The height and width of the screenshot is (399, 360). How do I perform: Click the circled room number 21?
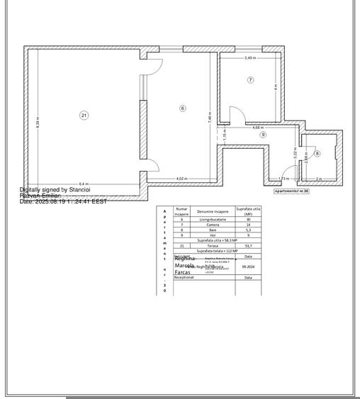pyautogui.click(x=84, y=115)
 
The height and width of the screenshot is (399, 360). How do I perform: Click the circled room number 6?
pyautogui.click(x=182, y=108)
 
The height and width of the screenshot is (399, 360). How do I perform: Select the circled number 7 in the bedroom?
pyautogui.click(x=250, y=80)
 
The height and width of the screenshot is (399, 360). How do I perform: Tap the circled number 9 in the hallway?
pyautogui.click(x=262, y=134)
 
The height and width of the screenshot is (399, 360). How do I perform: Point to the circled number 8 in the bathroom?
pyautogui.click(x=317, y=153)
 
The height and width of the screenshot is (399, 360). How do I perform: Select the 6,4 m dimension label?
pyautogui.click(x=84, y=183)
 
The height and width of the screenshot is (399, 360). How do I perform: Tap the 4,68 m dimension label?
pyautogui.click(x=257, y=128)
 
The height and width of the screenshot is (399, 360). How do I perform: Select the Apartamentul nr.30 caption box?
pyautogui.click(x=292, y=191)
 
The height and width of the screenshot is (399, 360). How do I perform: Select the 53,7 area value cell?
pyautogui.click(x=248, y=245)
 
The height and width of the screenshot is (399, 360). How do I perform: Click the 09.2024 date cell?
pyautogui.click(x=248, y=266)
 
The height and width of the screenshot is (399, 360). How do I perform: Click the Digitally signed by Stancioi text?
pyautogui.click(x=55, y=190)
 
